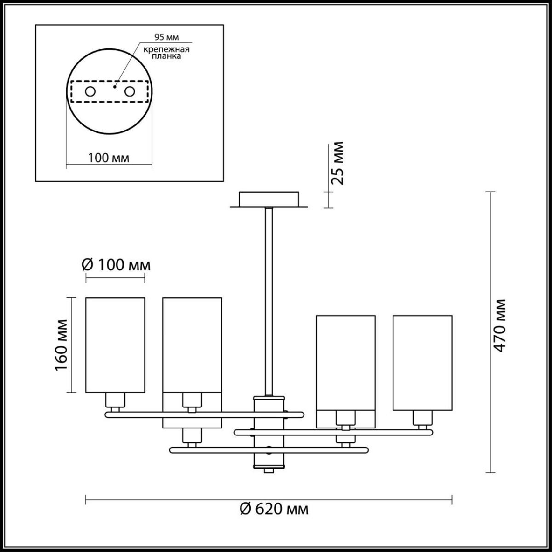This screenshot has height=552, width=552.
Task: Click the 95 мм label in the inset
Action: (x=167, y=37)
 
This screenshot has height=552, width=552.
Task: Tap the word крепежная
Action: (x=167, y=50)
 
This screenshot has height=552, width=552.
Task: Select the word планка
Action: (x=167, y=56)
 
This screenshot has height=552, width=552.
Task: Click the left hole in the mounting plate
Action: (x=90, y=92)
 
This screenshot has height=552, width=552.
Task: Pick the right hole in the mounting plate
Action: (x=129, y=92)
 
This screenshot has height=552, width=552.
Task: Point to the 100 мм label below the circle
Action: (x=109, y=158)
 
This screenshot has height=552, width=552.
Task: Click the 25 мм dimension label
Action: (x=337, y=163)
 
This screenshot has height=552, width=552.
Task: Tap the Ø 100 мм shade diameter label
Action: (x=116, y=265)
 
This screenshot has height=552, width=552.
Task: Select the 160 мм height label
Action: (x=61, y=345)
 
